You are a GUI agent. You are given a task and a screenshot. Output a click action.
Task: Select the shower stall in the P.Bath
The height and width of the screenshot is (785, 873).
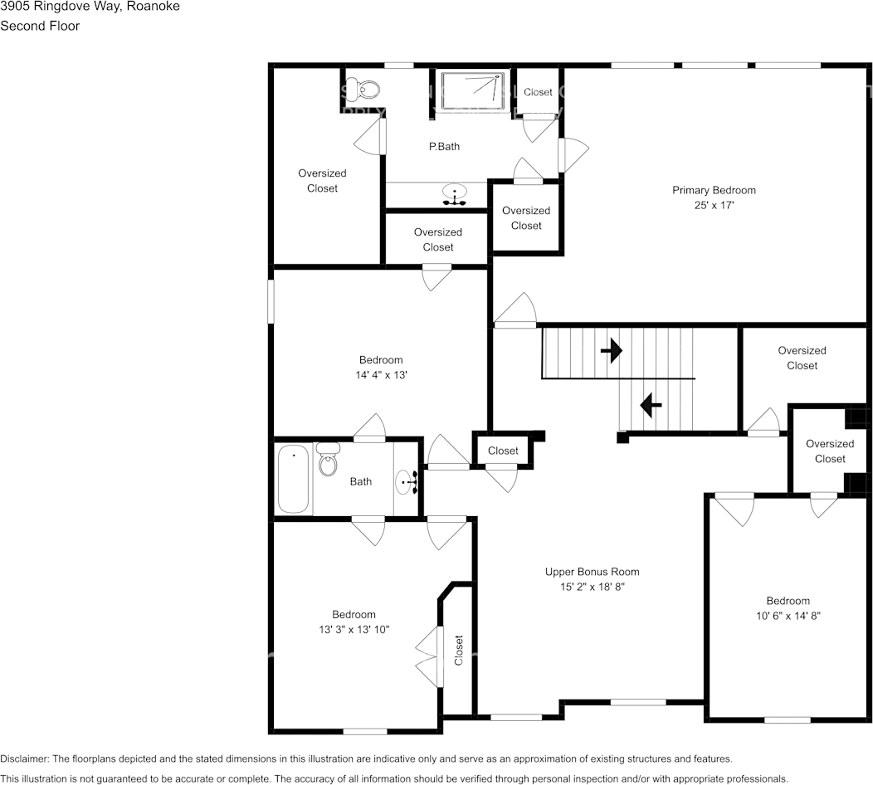coord(471,90)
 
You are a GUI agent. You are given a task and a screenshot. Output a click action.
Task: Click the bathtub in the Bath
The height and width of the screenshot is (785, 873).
coord(294,480)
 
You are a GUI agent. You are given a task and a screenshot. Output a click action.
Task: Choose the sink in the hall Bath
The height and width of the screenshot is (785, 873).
coord(407,481)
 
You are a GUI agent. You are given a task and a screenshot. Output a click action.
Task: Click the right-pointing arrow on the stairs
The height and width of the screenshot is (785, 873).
coord(611,351)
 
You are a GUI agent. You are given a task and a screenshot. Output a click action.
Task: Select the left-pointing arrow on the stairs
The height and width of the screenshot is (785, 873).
coord(650,406)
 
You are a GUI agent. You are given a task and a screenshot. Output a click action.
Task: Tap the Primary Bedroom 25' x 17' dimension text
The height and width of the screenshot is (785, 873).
coord(714,205)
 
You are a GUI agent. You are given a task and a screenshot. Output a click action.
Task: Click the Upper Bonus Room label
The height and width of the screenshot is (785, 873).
coord(592,572)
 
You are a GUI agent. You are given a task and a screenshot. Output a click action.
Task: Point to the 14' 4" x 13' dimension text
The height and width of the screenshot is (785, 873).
coord(381,375)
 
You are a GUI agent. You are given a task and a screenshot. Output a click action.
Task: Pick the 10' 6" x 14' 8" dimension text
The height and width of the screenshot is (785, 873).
coord(788,616)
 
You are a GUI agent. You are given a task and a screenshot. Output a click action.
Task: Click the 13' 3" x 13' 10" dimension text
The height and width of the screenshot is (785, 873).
coord(354,630)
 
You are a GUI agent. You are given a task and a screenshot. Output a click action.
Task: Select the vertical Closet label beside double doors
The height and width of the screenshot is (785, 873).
coord(459,650)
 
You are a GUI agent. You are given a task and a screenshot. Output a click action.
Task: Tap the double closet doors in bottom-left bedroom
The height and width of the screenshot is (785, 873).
coord(427,650)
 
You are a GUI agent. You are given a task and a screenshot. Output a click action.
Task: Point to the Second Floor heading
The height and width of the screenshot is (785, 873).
coord(40,26)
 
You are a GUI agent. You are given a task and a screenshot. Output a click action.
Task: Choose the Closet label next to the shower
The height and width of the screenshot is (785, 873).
coord(538,92)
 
